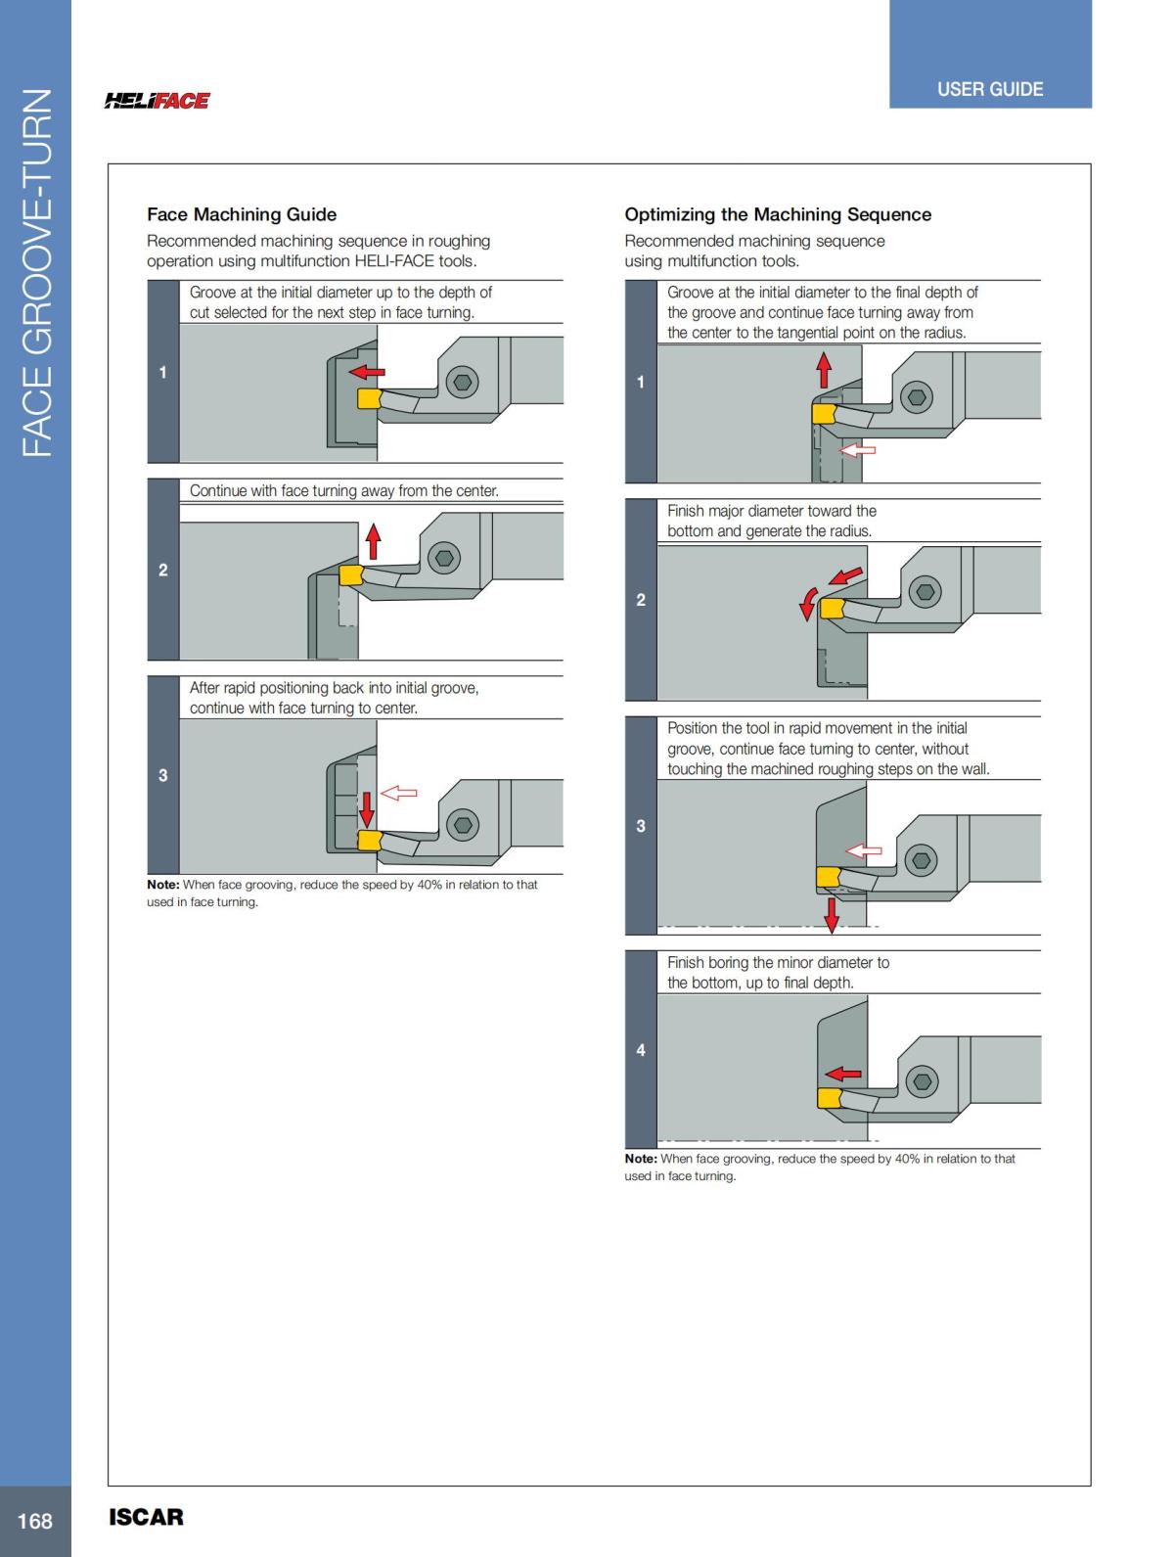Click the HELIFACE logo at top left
point(157,100)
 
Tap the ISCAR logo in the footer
point(146,1517)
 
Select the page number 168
point(34,1520)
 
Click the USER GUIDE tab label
point(989,89)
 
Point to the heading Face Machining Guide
point(242,214)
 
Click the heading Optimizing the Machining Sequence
point(778,214)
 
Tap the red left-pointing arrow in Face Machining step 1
point(368,372)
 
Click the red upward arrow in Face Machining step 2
point(373,541)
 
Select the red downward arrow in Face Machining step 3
point(367,808)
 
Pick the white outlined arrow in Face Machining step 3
point(399,793)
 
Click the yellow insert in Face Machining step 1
point(368,398)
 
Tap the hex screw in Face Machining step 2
point(445,558)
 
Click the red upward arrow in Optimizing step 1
point(824,370)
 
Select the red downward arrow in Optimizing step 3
point(832,914)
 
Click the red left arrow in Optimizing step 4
point(843,1074)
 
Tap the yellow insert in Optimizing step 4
point(831,1098)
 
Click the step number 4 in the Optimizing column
point(641,1050)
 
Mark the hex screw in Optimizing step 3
point(920,860)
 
